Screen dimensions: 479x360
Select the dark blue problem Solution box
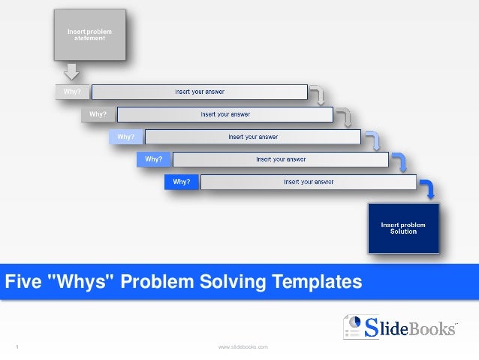click(x=402, y=227)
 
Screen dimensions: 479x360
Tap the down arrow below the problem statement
click(x=71, y=71)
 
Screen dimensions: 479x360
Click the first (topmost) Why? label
click(x=72, y=92)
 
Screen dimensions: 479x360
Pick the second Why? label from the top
click(x=98, y=114)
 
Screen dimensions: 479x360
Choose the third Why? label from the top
click(x=126, y=137)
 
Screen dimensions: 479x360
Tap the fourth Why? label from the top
click(x=154, y=159)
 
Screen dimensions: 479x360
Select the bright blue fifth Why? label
click(x=182, y=182)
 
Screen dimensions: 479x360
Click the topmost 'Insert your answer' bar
click(x=200, y=92)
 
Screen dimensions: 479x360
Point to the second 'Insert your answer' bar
click(x=225, y=114)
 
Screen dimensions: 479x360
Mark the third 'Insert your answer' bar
click(x=253, y=137)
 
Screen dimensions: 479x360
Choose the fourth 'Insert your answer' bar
click(x=280, y=159)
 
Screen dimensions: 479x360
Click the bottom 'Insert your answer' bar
click(x=308, y=182)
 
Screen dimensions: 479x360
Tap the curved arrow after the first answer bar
click(x=318, y=95)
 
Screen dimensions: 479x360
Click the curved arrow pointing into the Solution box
click(x=426, y=189)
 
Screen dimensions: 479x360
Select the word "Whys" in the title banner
click(x=82, y=282)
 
